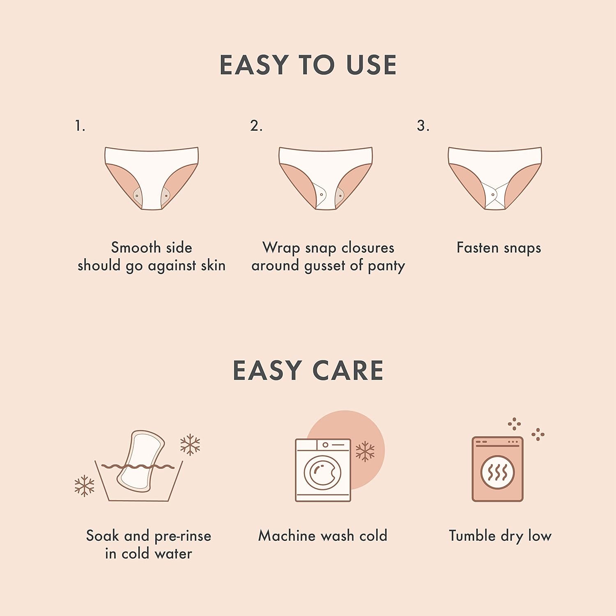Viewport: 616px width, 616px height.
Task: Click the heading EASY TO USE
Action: click(308, 65)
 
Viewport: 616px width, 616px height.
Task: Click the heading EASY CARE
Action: click(308, 370)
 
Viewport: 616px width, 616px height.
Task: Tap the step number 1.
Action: click(80, 126)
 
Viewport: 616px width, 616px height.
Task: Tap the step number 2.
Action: click(256, 126)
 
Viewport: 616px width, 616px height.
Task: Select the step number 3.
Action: click(423, 126)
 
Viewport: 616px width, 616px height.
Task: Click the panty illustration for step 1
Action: click(152, 178)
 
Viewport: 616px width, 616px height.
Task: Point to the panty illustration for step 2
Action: click(326, 178)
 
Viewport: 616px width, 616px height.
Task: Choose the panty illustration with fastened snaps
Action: click(495, 178)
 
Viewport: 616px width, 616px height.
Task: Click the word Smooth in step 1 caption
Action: click(130, 247)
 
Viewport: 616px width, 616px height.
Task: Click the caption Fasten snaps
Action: click(499, 248)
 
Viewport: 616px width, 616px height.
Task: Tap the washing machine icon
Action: click(323, 470)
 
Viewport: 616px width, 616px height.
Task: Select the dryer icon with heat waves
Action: click(497, 469)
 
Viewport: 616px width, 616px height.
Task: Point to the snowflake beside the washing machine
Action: click(365, 451)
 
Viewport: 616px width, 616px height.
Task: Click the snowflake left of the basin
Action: click(85, 486)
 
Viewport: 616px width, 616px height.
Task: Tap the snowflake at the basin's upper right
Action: click(190, 444)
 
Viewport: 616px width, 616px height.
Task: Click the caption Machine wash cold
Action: click(323, 535)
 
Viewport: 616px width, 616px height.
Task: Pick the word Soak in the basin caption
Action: click(103, 535)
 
